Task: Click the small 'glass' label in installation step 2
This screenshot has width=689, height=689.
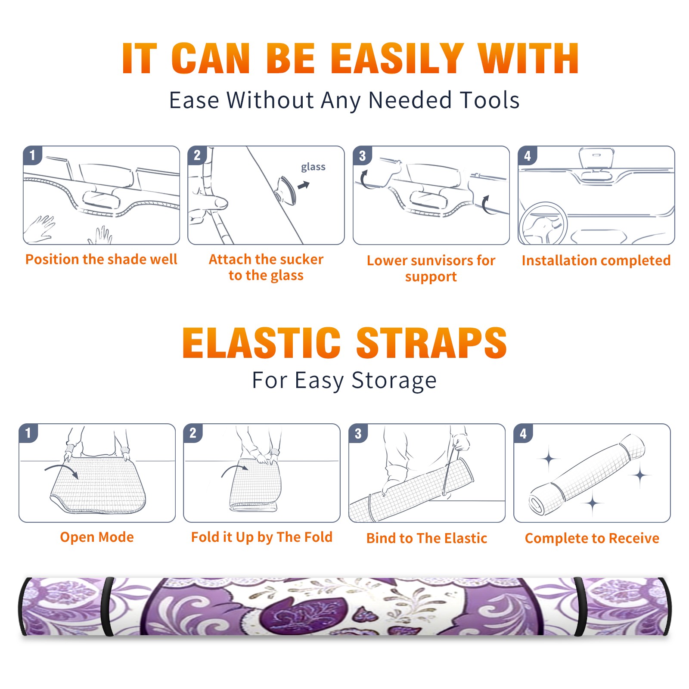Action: click(x=313, y=167)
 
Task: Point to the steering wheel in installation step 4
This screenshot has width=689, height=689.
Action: click(x=543, y=223)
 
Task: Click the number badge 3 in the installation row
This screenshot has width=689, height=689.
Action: click(x=362, y=156)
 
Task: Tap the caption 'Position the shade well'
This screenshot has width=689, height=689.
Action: click(x=101, y=259)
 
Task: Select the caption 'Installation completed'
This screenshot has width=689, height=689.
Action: click(x=596, y=261)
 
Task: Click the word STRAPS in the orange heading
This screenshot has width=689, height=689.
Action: click(x=431, y=343)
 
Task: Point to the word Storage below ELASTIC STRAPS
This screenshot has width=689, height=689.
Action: click(x=394, y=381)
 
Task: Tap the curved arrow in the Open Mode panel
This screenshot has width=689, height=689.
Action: click(x=61, y=470)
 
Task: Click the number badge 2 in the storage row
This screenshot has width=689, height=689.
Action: click(x=193, y=433)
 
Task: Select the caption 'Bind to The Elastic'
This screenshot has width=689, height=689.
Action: click(x=427, y=538)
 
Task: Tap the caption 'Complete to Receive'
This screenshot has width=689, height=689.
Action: click(x=592, y=538)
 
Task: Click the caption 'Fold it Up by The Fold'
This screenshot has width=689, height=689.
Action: click(x=262, y=537)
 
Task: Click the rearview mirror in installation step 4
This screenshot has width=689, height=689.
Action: click(x=596, y=158)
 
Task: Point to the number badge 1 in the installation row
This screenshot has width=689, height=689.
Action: click(x=32, y=155)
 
